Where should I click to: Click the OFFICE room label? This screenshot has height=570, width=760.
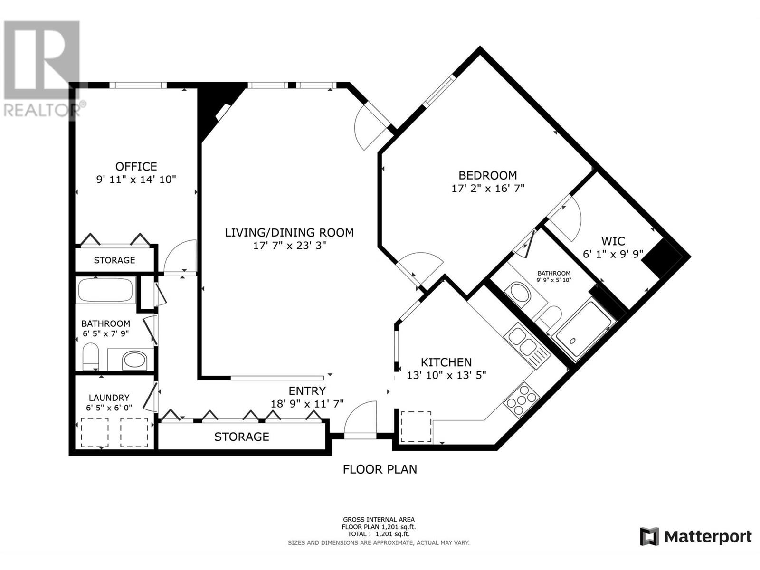pyautogui.click(x=136, y=166)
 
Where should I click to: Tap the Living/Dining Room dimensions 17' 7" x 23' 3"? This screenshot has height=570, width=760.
pyautogui.click(x=289, y=246)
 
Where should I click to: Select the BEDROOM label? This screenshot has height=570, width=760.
pyautogui.click(x=487, y=175)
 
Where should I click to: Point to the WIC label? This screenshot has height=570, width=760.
pyautogui.click(x=613, y=241)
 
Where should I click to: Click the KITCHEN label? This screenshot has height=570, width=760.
pyautogui.click(x=446, y=362)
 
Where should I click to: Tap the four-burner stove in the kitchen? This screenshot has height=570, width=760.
pyautogui.click(x=522, y=400)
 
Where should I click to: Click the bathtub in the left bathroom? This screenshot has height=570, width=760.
pyautogui.click(x=105, y=290)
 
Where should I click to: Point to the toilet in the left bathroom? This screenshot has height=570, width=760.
pyautogui.click(x=91, y=356)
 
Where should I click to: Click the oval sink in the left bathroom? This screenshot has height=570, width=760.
pyautogui.click(x=135, y=360)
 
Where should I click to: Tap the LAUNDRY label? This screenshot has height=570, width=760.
pyautogui.click(x=109, y=398)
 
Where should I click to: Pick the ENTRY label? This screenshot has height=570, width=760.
pyautogui.click(x=307, y=391)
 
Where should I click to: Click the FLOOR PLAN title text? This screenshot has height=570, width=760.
pyautogui.click(x=380, y=469)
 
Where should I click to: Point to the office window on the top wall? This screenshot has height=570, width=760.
pyautogui.click(x=138, y=85)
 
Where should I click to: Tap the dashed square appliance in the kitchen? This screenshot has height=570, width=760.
pyautogui.click(x=416, y=427)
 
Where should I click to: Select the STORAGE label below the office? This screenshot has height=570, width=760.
pyautogui.click(x=114, y=260)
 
